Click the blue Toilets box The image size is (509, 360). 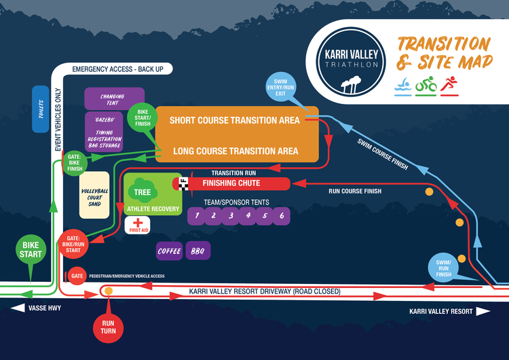(x=40, y=108)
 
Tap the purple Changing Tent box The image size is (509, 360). (x=112, y=98)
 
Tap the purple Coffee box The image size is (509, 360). (x=169, y=251)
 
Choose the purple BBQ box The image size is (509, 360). (x=198, y=251)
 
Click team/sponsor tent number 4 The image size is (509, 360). (x=248, y=216)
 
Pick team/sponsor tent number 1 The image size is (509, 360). (x=196, y=216)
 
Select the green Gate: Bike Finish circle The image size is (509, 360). (x=73, y=163)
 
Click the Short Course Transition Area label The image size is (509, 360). (x=234, y=120)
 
